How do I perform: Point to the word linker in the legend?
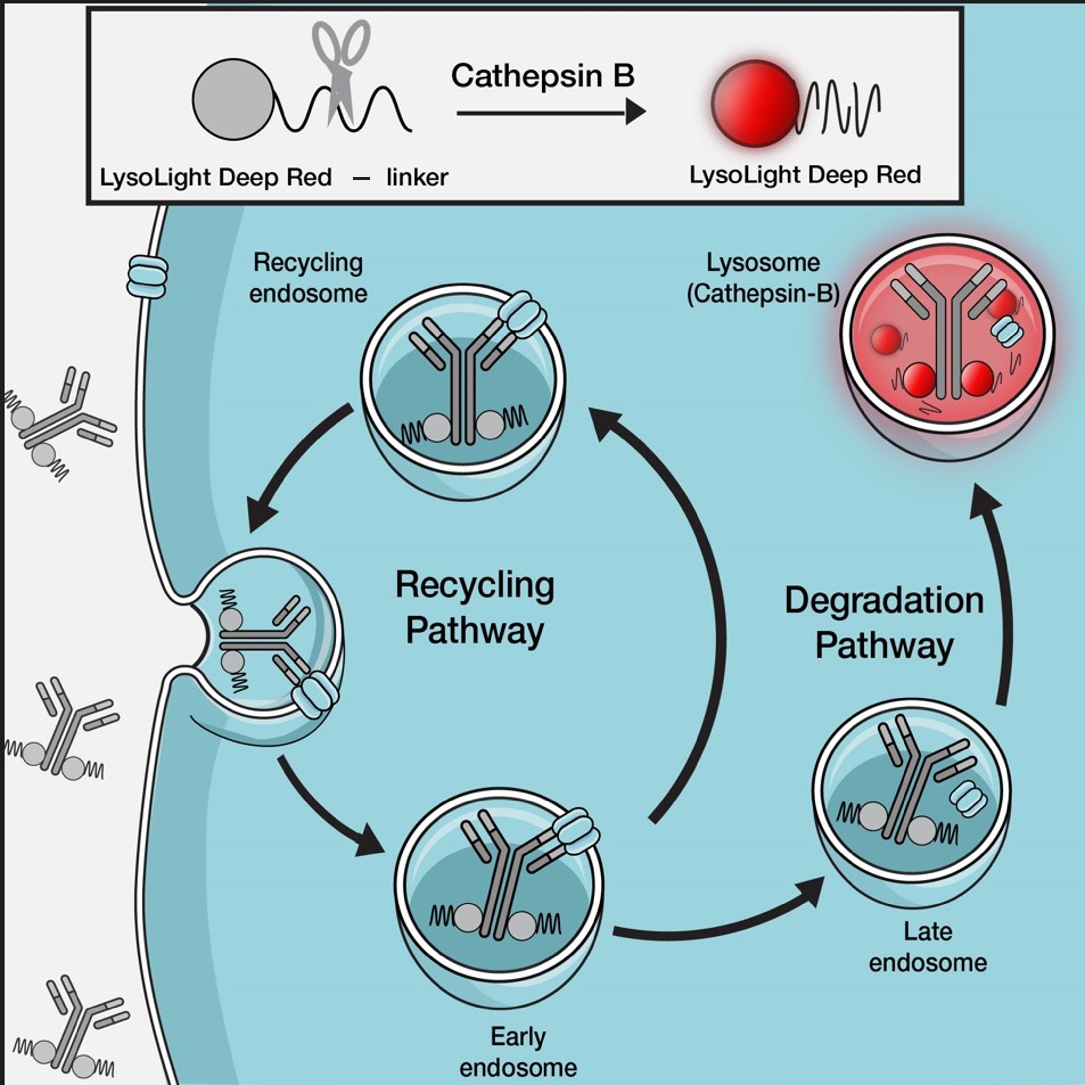point(417,178)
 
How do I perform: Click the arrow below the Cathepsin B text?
point(550,112)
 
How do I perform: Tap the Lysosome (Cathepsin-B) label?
point(763,278)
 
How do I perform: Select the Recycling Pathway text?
point(475,608)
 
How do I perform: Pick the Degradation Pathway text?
point(884,622)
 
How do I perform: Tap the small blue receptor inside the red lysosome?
point(1007,330)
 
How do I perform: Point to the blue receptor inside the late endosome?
point(968,798)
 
